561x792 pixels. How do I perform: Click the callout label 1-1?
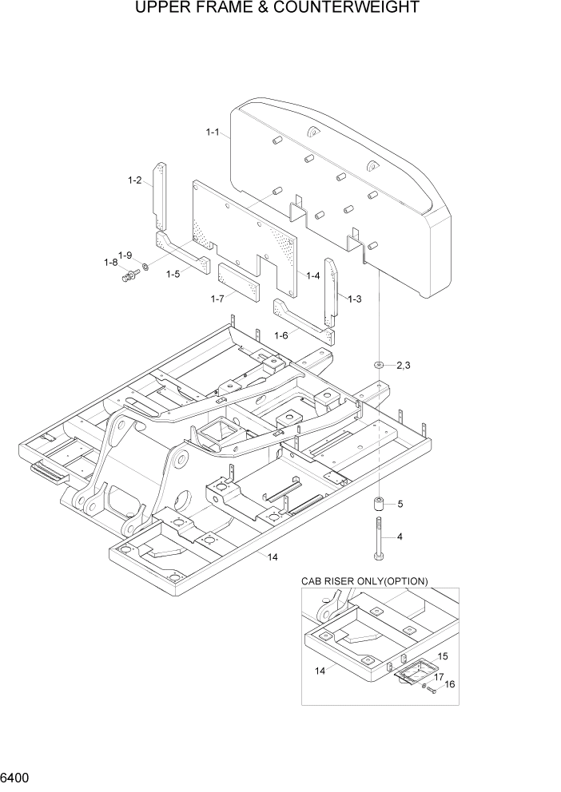[x=212, y=132]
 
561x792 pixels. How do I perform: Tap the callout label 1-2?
[x=134, y=180]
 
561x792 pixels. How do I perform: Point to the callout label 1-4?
[x=312, y=275]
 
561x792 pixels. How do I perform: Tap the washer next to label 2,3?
[x=376, y=365]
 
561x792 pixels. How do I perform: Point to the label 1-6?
[x=280, y=335]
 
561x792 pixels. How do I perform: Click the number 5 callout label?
[x=400, y=504]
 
